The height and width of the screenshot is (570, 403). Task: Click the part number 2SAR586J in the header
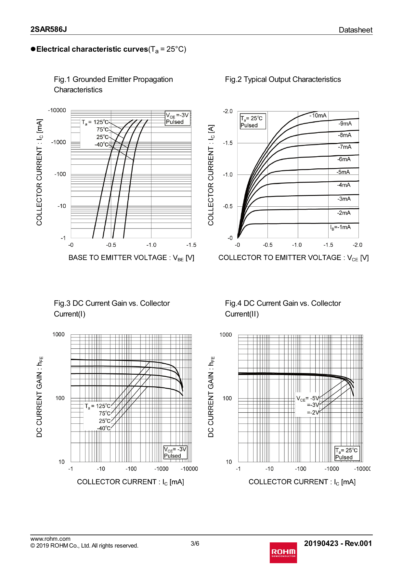point(49,29)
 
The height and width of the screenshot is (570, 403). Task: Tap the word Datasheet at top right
point(355,30)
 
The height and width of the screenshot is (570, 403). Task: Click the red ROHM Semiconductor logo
point(283,552)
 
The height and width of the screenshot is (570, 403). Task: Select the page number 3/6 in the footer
point(195,543)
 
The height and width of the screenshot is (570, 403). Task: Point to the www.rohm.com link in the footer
point(50,539)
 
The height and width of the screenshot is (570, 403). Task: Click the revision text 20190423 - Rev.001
point(338,543)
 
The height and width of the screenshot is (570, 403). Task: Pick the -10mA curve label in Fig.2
point(318,115)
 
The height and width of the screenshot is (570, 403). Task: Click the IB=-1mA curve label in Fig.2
point(340,227)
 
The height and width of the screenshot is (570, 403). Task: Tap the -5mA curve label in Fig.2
point(343,172)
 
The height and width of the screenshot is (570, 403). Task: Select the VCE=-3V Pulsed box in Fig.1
point(177,118)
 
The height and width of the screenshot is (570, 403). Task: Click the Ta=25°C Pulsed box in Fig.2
point(253,122)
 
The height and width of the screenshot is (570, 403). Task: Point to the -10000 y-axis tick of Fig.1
point(57,110)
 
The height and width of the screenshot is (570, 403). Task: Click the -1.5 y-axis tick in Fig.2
point(228,143)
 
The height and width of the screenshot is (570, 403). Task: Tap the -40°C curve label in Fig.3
point(104,428)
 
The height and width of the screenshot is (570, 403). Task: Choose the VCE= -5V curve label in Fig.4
point(308,398)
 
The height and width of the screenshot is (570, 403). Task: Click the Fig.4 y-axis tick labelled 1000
point(226,335)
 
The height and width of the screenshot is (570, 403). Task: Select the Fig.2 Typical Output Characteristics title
point(283,79)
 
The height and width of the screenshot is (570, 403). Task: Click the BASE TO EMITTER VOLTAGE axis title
point(131,258)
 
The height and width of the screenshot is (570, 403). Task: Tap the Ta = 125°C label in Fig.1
point(95,122)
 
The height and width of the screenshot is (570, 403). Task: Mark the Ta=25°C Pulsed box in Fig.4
point(347,454)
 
